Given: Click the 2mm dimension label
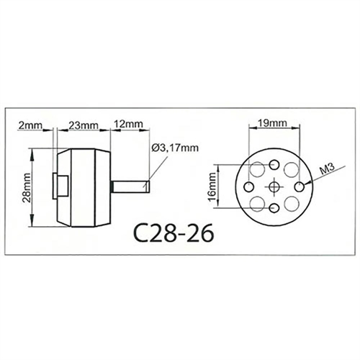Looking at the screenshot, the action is click(30, 125).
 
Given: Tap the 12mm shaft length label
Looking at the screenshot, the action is click(128, 124).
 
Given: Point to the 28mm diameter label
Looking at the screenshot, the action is click(27, 188).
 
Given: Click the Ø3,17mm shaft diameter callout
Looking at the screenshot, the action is click(175, 148).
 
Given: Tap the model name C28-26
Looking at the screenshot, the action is click(174, 233).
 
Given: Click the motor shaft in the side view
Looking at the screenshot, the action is click(130, 187).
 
